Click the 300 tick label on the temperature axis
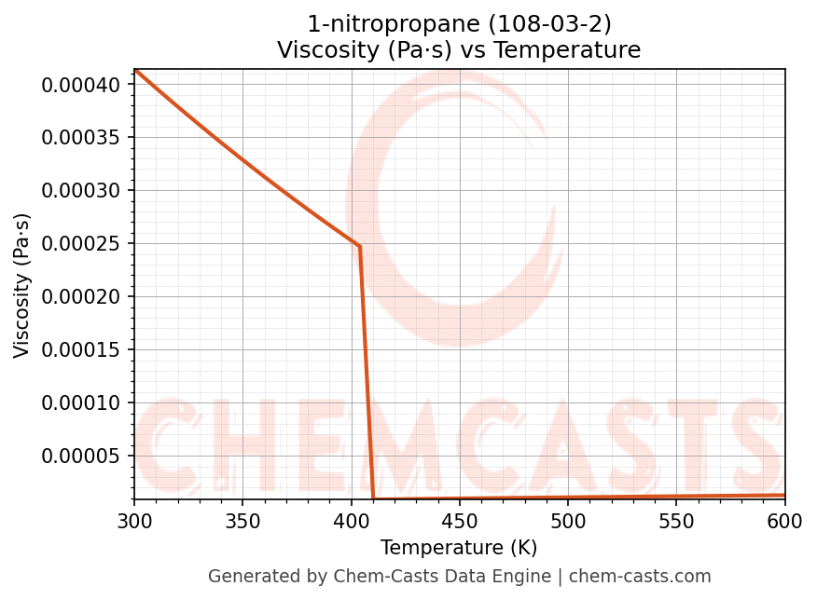134,522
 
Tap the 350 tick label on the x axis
242,522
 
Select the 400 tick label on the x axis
351,522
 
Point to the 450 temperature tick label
459,522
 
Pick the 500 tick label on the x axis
568,522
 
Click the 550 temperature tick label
676,522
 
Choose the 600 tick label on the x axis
784,522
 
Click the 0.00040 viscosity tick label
81,85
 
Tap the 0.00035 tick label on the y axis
81,138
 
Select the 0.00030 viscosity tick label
81,191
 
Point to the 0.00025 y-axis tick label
81,244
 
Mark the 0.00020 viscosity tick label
81,297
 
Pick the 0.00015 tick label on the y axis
81,350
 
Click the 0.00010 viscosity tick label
81,403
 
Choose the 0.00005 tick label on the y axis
81,457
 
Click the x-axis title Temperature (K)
459,548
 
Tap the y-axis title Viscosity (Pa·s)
22,285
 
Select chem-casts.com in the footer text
640,577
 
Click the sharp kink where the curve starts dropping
359,246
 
